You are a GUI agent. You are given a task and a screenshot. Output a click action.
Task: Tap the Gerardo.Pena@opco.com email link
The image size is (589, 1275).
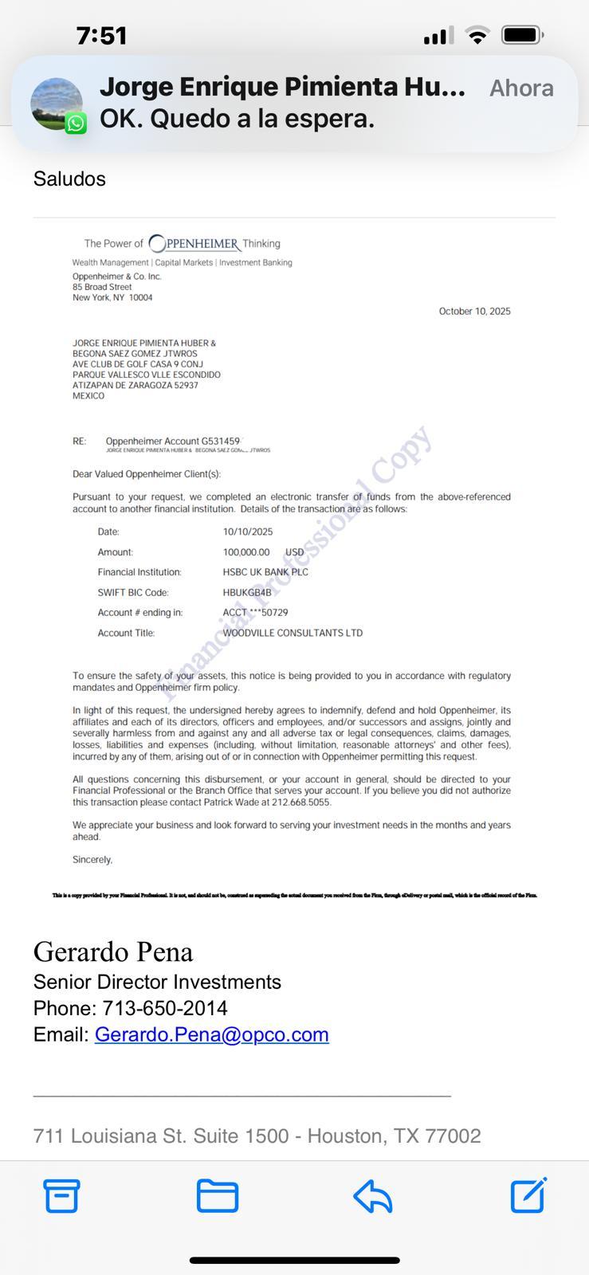(x=211, y=1034)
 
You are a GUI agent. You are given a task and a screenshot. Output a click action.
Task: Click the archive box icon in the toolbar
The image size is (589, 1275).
(x=61, y=1195)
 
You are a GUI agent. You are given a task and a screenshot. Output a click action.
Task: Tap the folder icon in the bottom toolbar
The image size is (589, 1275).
(x=217, y=1195)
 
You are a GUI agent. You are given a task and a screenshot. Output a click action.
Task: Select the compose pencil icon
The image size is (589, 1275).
(x=528, y=1195)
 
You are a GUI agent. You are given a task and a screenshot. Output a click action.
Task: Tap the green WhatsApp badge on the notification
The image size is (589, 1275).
(x=76, y=124)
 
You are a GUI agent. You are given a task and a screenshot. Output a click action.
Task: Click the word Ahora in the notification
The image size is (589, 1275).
(x=521, y=88)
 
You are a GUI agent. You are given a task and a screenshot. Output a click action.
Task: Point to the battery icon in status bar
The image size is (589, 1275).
(x=522, y=35)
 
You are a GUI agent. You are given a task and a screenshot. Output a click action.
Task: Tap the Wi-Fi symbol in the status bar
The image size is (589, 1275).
(x=477, y=35)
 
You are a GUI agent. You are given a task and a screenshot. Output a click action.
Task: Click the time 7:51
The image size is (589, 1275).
(x=102, y=35)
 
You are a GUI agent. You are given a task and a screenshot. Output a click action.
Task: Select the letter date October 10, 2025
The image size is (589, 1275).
(x=474, y=312)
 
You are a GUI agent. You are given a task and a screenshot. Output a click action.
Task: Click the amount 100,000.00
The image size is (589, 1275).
(x=246, y=552)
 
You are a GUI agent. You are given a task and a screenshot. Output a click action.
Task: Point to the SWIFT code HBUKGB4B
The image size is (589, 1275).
(x=247, y=593)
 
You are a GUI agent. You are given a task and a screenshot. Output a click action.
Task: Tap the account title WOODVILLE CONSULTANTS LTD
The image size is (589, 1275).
(x=293, y=634)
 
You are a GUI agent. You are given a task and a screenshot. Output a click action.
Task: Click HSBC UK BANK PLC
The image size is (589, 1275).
(x=265, y=572)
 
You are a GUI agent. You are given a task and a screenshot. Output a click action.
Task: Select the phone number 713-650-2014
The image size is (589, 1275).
(x=165, y=1008)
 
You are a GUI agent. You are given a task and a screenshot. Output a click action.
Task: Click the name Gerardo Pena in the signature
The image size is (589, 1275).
(x=113, y=951)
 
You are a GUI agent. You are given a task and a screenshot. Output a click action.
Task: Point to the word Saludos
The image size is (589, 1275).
(x=69, y=178)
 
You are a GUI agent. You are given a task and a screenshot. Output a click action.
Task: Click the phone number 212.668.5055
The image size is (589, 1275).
(x=300, y=802)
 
